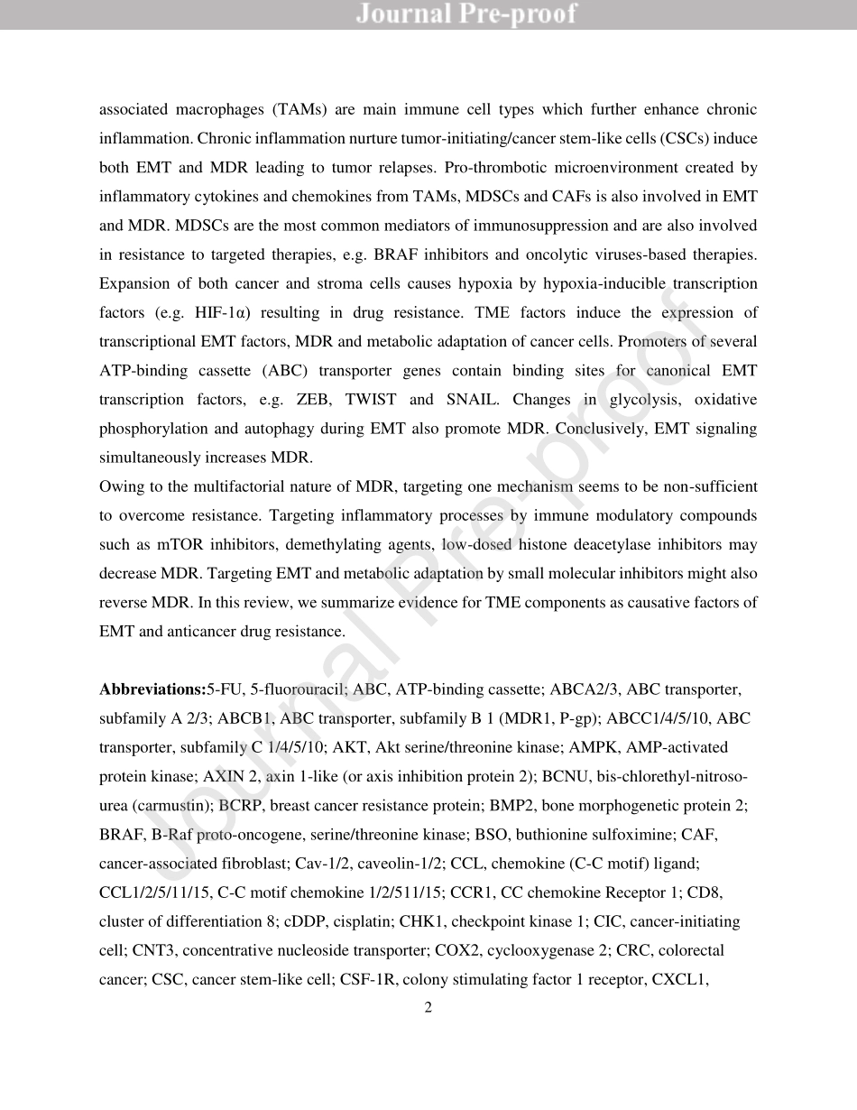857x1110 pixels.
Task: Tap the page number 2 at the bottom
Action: [428, 1008]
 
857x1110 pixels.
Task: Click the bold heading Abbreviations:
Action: [152, 690]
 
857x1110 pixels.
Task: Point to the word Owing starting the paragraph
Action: [120, 487]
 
